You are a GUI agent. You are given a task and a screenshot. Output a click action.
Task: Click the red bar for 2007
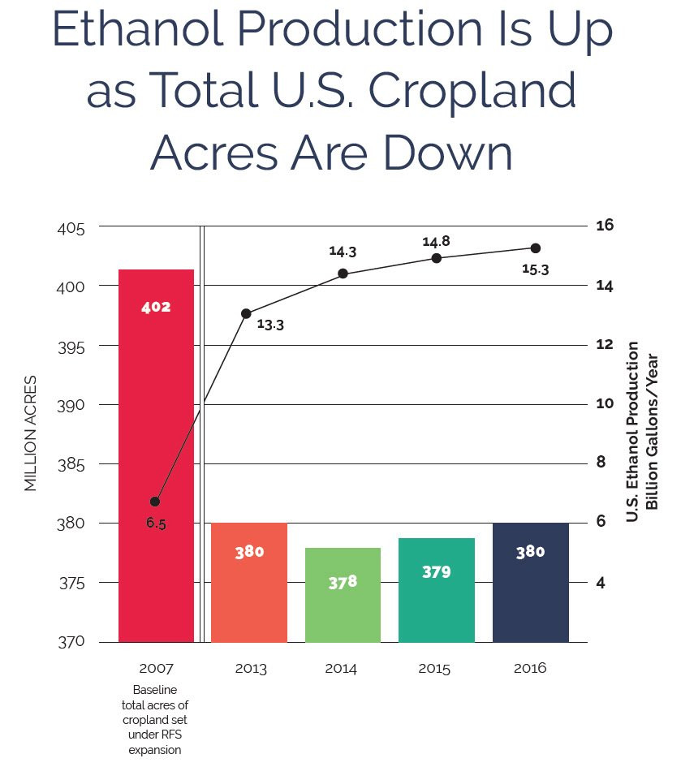pyautogui.click(x=156, y=455)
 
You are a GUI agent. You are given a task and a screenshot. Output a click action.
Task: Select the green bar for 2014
pyautogui.click(x=343, y=595)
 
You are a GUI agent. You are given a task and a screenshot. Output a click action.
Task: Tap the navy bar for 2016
pyautogui.click(x=531, y=583)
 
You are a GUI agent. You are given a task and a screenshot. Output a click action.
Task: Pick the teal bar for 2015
pyautogui.click(x=437, y=590)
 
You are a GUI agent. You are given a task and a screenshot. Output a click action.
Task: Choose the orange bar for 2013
pyautogui.click(x=249, y=583)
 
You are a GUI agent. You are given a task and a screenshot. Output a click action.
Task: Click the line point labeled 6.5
pyautogui.click(x=155, y=502)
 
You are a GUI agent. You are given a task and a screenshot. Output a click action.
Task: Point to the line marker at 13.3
pyautogui.click(x=246, y=313)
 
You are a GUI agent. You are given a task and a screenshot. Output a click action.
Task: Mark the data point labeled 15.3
pyautogui.click(x=536, y=248)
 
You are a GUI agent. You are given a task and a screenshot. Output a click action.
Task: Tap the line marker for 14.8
pyautogui.click(x=437, y=258)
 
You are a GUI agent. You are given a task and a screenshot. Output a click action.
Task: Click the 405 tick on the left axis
pyautogui.click(x=71, y=229)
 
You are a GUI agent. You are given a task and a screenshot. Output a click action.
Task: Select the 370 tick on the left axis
pyautogui.click(x=71, y=642)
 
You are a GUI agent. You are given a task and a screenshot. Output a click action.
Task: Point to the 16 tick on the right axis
pyautogui.click(x=605, y=225)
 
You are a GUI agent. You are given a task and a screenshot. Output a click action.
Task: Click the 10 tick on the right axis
pyautogui.click(x=605, y=403)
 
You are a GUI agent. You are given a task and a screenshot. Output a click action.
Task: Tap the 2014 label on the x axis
pyautogui.click(x=341, y=669)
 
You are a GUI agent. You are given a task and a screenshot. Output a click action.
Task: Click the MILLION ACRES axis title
pyautogui.click(x=30, y=433)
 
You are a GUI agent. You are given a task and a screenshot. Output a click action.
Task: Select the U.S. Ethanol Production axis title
pyautogui.click(x=632, y=432)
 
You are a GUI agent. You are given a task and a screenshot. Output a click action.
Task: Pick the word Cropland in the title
pyautogui.click(x=472, y=90)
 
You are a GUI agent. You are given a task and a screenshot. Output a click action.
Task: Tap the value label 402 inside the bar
pyautogui.click(x=156, y=307)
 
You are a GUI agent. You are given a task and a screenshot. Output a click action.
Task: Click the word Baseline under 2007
pyautogui.click(x=155, y=690)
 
